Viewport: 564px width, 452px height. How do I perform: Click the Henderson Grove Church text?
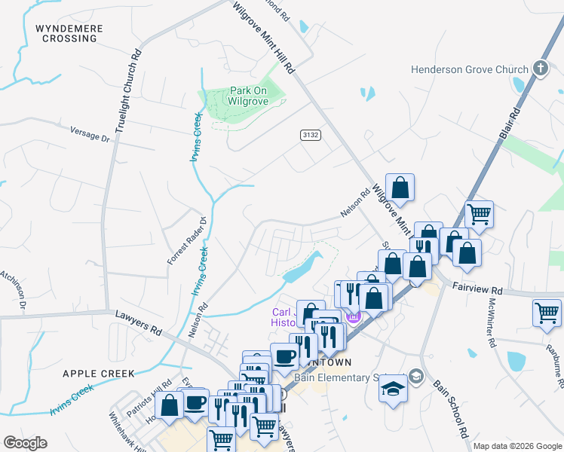coord(469,70)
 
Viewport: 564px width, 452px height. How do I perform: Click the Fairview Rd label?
coord(477,289)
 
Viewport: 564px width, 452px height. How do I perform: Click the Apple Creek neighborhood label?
coord(99,374)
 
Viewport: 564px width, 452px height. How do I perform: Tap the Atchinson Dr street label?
coord(13,291)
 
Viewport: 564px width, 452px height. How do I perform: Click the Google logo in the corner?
coord(25,443)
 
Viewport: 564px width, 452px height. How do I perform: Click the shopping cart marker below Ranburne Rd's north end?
coord(547,311)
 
